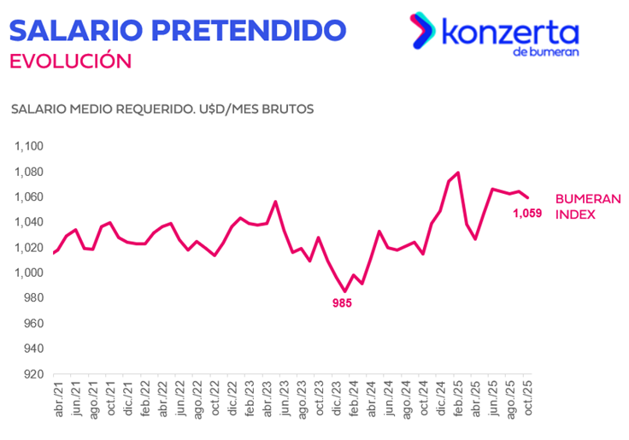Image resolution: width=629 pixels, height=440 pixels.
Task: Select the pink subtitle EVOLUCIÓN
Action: click(x=70, y=62)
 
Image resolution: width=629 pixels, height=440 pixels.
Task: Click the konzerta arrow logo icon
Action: click(x=421, y=32)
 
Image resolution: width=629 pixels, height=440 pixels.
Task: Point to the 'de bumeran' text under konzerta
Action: click(x=546, y=52)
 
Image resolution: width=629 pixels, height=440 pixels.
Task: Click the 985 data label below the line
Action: click(x=343, y=302)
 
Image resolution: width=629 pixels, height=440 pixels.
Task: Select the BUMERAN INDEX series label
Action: click(x=588, y=206)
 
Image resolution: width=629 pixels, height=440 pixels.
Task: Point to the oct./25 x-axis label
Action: click(x=528, y=402)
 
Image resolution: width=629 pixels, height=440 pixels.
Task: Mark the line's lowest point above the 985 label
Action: click(x=345, y=291)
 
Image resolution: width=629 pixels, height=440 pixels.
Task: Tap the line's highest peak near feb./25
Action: click(x=459, y=173)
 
